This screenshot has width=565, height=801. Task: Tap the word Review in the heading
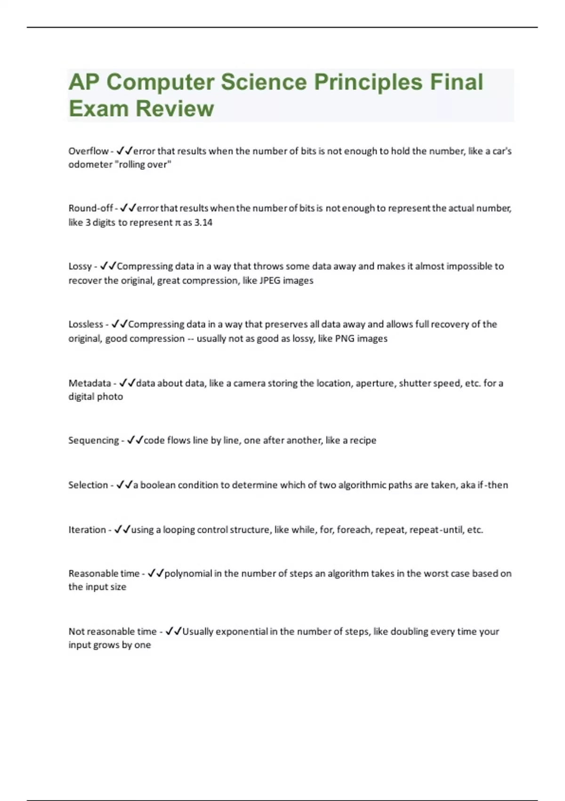click(175, 109)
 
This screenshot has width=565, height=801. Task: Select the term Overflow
click(89, 151)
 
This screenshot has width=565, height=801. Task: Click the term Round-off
click(91, 208)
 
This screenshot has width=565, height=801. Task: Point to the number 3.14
click(203, 222)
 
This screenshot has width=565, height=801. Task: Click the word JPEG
click(270, 281)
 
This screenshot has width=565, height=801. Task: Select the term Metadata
click(89, 383)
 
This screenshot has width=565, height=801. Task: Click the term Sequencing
click(94, 441)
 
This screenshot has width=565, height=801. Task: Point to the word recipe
click(363, 441)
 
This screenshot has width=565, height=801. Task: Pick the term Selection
click(88, 485)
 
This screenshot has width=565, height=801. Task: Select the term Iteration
click(87, 530)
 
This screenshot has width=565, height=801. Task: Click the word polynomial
click(188, 574)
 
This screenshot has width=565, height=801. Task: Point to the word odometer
click(90, 165)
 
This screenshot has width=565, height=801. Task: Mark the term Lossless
click(86, 325)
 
